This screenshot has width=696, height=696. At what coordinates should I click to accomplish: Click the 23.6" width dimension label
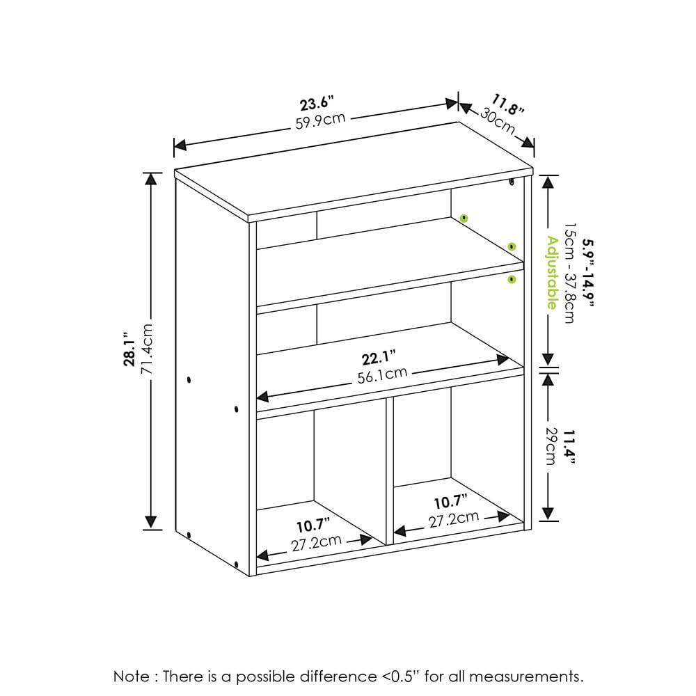point(316,104)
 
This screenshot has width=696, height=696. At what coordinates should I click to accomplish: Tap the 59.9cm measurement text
point(320,120)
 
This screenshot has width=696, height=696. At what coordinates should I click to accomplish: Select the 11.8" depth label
point(508,105)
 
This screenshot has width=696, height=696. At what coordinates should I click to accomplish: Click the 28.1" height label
point(130,349)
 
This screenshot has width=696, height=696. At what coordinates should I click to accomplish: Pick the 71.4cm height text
point(147,349)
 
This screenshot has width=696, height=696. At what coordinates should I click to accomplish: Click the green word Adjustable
point(552,273)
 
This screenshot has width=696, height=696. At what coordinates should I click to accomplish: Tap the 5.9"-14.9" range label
point(587,273)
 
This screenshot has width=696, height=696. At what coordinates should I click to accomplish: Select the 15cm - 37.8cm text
point(569,273)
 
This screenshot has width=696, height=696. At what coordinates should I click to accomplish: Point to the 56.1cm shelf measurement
point(382,375)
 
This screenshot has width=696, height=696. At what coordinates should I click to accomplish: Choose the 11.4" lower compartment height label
point(569,447)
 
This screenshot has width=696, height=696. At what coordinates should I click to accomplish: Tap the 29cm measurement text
point(551,446)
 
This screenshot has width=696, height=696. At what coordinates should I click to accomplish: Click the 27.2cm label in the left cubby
point(317,542)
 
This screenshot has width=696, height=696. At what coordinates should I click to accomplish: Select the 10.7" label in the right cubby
point(450,502)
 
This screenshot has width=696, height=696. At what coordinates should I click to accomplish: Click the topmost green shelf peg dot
point(464,218)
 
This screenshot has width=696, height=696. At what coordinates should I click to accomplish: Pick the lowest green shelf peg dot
point(512,279)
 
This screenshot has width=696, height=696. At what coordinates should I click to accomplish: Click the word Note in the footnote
point(132,677)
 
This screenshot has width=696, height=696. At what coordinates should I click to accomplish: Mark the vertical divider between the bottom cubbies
point(390,470)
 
